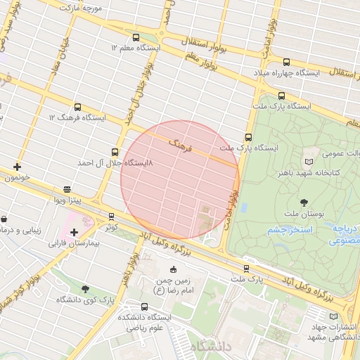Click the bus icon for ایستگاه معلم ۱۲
point(136,37)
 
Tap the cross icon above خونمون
point(17,167)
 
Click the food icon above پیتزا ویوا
point(67,189)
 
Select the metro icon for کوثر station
point(111,217)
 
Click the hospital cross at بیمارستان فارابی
point(74,232)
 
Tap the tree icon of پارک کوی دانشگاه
point(85,289)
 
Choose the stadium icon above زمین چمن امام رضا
point(174,269)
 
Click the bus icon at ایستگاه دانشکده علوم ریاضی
point(145,307)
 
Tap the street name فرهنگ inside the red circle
point(180,146)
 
